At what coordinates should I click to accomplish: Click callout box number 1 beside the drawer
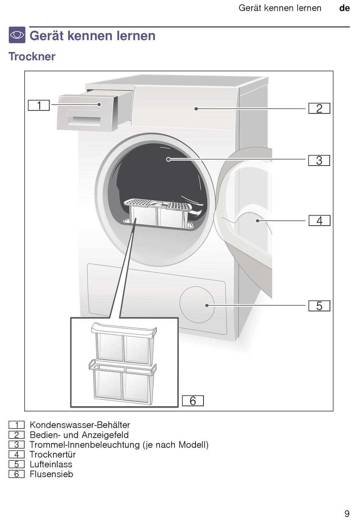[x=39, y=105]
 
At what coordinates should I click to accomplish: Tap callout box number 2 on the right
[x=319, y=108]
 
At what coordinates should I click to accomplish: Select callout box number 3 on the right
[x=319, y=160]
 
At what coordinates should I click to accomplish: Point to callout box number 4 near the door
[x=319, y=221]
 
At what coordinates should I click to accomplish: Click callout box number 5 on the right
[x=319, y=306]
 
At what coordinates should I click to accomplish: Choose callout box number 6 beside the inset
[x=193, y=401]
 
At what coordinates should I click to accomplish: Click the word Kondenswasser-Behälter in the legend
[x=80, y=425]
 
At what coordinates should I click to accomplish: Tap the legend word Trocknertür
[x=53, y=454]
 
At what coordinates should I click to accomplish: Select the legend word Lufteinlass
[x=51, y=464]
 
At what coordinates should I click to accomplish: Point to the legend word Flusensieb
[x=51, y=474]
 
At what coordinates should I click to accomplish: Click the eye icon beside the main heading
[x=17, y=35]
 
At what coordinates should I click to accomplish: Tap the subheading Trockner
[x=32, y=56]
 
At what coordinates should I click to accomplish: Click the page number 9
[x=347, y=513]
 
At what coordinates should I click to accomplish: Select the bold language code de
[x=344, y=8]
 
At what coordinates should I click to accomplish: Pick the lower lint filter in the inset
[x=123, y=383]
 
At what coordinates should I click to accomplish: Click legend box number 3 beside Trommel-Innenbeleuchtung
[x=16, y=445]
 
